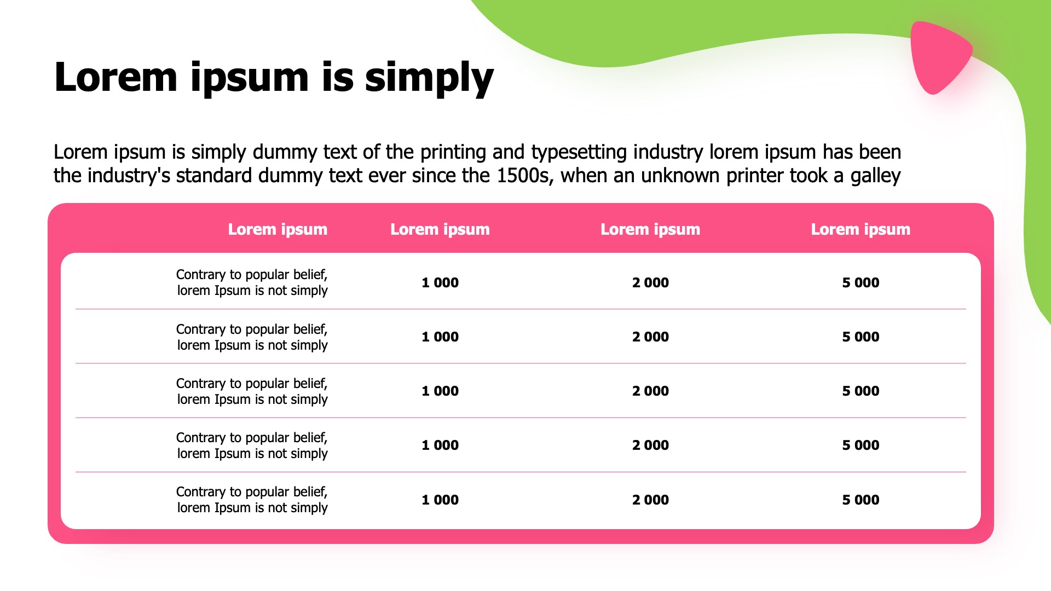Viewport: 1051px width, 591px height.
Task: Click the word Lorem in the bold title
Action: click(116, 77)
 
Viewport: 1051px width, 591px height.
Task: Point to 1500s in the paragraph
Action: click(523, 176)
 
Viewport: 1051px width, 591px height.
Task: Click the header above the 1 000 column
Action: click(440, 229)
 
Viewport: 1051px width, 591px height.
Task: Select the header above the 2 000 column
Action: click(650, 229)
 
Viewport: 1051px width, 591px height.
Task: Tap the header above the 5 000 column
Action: click(861, 229)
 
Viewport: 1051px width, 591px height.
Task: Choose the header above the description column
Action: click(278, 229)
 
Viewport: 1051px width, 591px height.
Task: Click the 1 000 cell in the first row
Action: click(440, 283)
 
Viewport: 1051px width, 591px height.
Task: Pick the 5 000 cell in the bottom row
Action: click(861, 500)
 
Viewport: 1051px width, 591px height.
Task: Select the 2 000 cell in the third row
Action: click(650, 391)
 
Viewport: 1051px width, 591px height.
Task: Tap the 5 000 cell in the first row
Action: click(861, 283)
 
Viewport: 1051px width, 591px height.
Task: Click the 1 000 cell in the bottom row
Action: click(440, 500)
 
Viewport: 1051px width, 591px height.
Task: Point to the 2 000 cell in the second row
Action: click(650, 337)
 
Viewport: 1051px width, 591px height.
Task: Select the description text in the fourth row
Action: click(252, 445)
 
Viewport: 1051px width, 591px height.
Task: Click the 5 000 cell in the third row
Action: click(861, 391)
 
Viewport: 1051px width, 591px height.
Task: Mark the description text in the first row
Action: click(252, 282)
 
